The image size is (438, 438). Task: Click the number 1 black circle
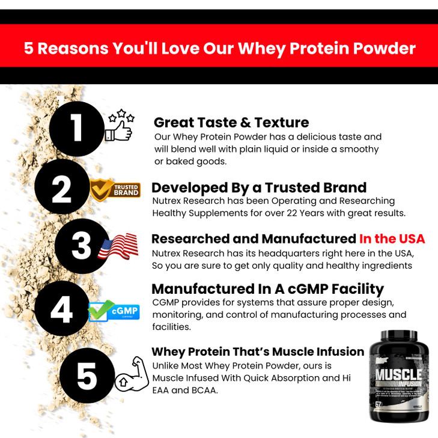coord(76,129)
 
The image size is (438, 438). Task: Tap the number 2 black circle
coord(61,190)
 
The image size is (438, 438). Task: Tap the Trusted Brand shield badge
coord(116,190)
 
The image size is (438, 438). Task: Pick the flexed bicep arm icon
coord(130,375)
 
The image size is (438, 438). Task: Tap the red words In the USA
coord(392,239)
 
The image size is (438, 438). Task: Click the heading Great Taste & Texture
coord(231,123)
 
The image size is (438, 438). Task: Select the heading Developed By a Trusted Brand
coord(259,187)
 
